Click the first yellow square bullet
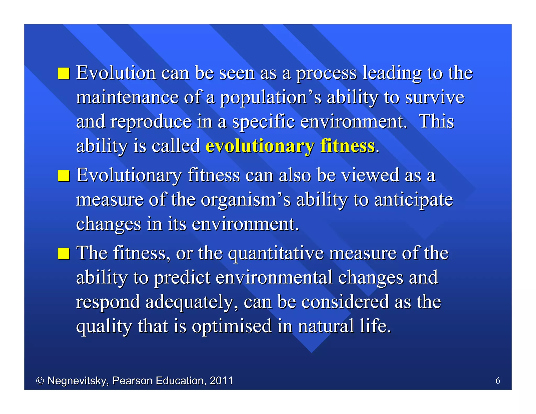(x=64, y=73)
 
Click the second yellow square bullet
(x=64, y=176)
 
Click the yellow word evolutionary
(x=260, y=146)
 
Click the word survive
(x=434, y=97)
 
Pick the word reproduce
(x=151, y=122)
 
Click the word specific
(x=263, y=122)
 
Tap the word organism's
(x=246, y=200)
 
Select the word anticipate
(x=413, y=200)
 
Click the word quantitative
(x=276, y=254)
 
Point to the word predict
(x=182, y=278)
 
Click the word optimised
(x=232, y=326)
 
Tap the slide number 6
(x=498, y=381)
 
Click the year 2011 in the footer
(x=221, y=381)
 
